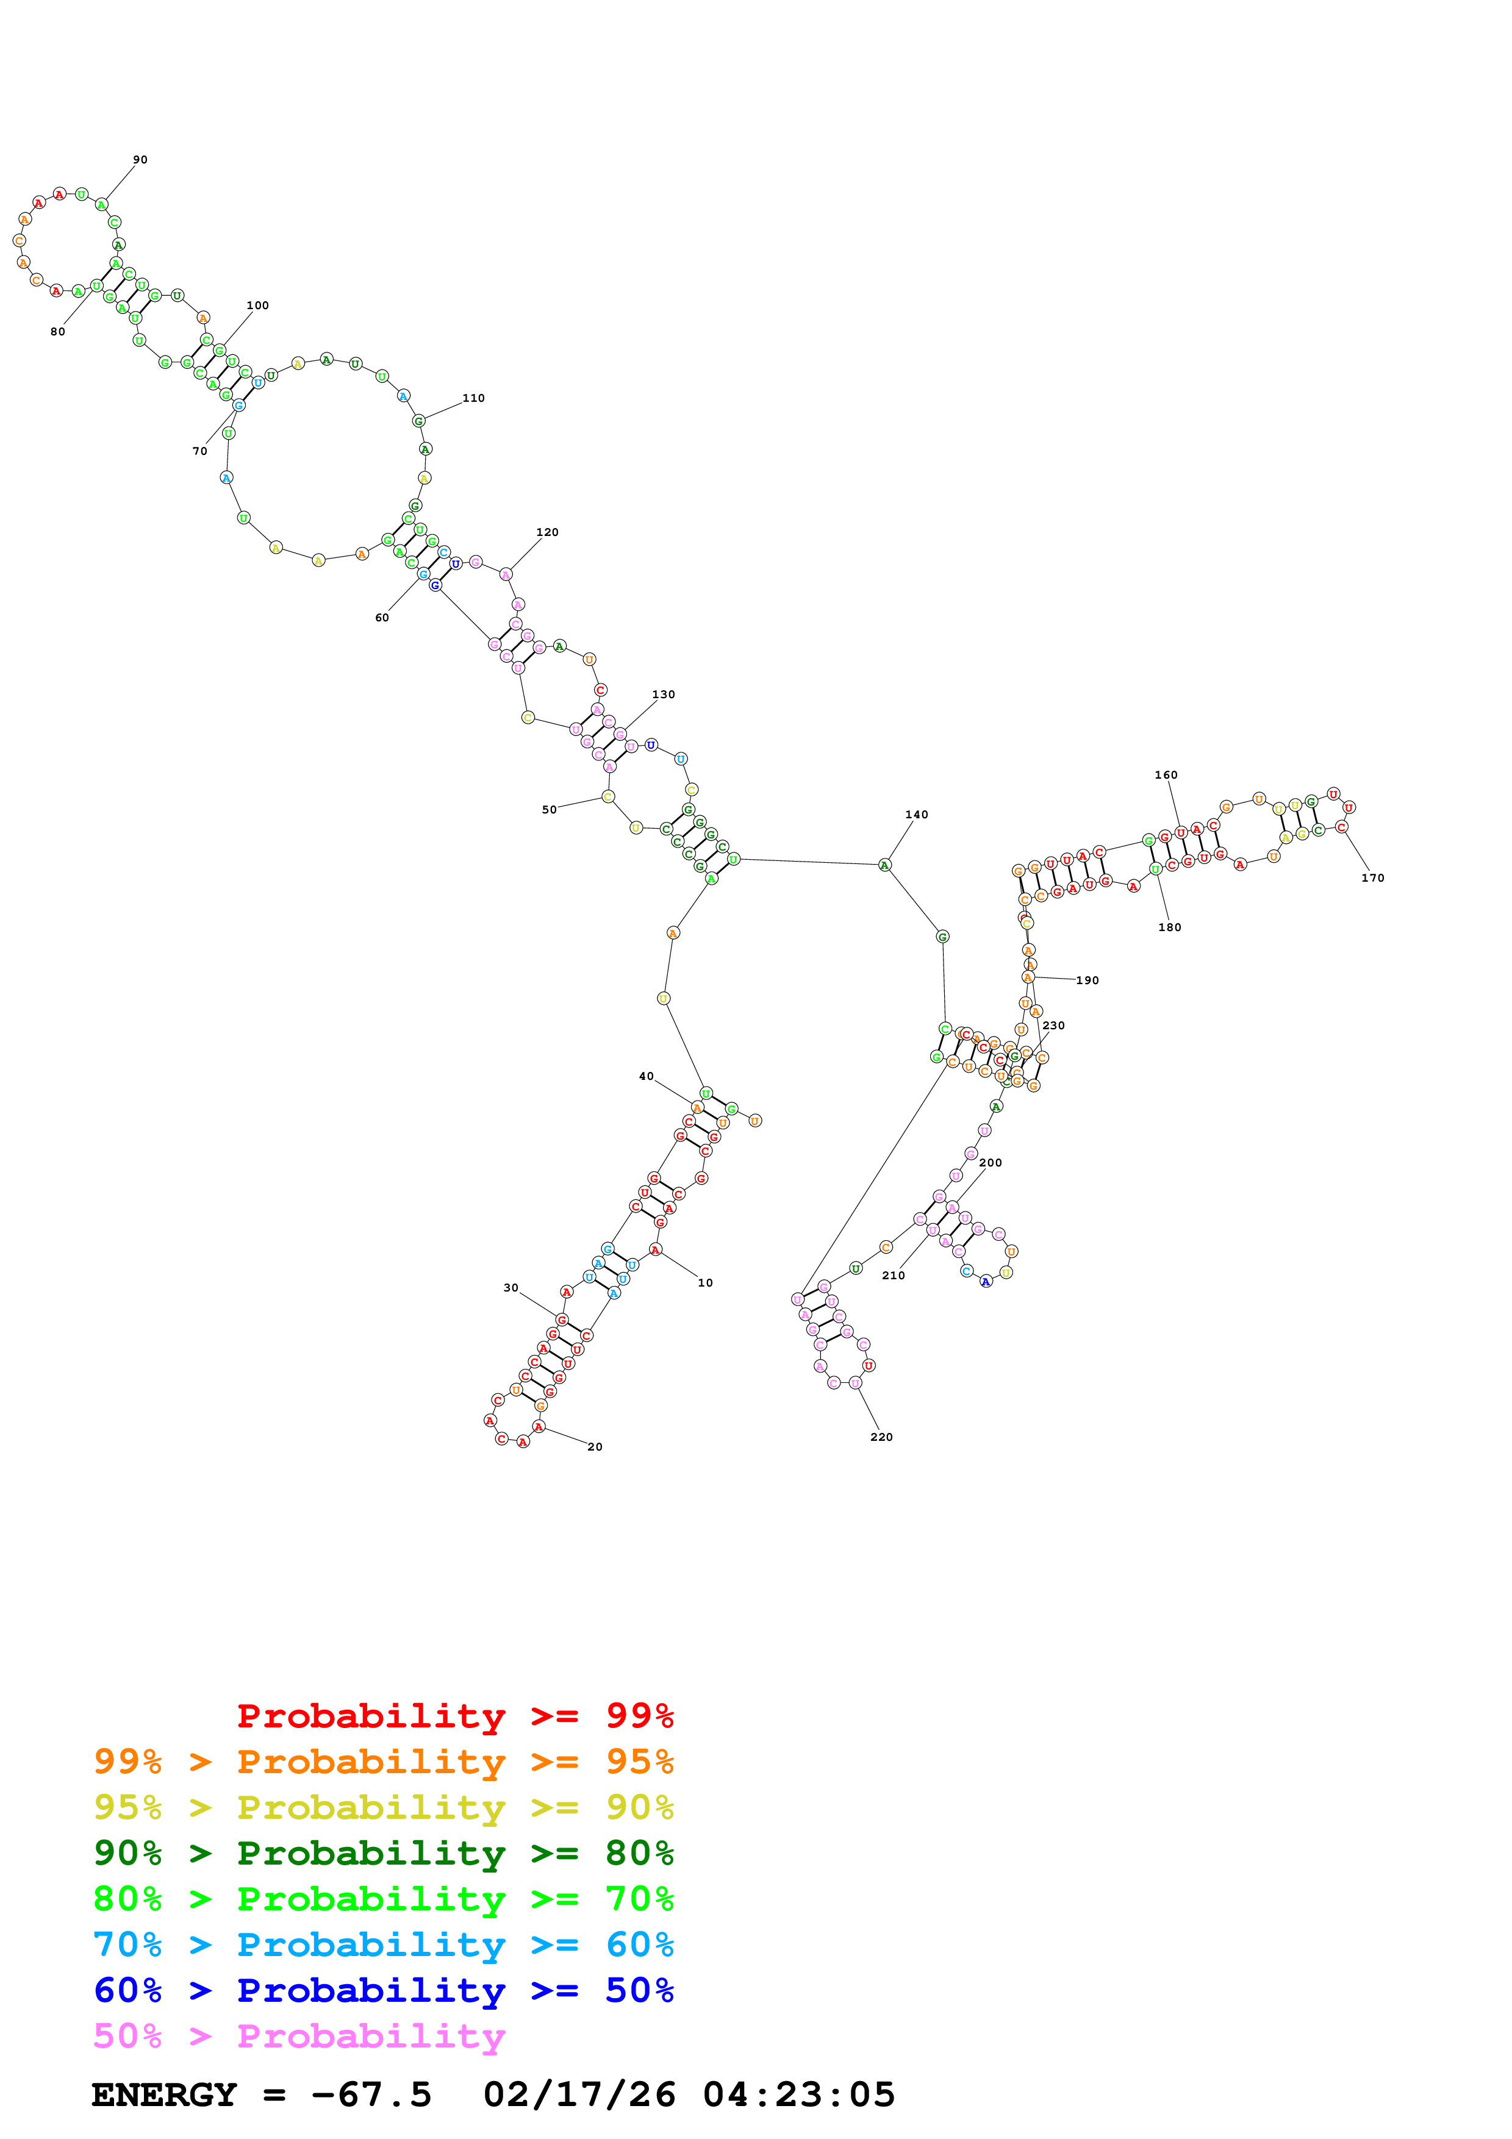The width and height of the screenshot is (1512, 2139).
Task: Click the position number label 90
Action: [140, 160]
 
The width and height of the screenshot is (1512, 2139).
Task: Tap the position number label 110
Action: [473, 398]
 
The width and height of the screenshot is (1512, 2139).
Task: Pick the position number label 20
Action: [594, 1447]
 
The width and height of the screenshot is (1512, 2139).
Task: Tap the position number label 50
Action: [549, 810]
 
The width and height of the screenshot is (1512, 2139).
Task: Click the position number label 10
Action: [704, 1283]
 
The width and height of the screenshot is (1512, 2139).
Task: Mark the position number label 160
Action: [1166, 775]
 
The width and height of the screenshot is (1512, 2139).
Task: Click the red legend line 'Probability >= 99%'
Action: [454, 1715]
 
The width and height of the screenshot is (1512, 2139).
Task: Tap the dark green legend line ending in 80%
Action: [383, 1853]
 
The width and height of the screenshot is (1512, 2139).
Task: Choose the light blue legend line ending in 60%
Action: [383, 1944]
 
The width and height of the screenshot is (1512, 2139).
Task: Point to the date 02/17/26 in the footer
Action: [579, 2095]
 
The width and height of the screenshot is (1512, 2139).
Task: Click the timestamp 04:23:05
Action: [798, 2095]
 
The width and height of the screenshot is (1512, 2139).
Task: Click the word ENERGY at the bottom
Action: [164, 2095]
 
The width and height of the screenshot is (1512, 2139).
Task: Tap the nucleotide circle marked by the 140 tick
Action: [884, 865]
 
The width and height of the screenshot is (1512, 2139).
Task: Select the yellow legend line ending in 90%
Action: [383, 1807]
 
